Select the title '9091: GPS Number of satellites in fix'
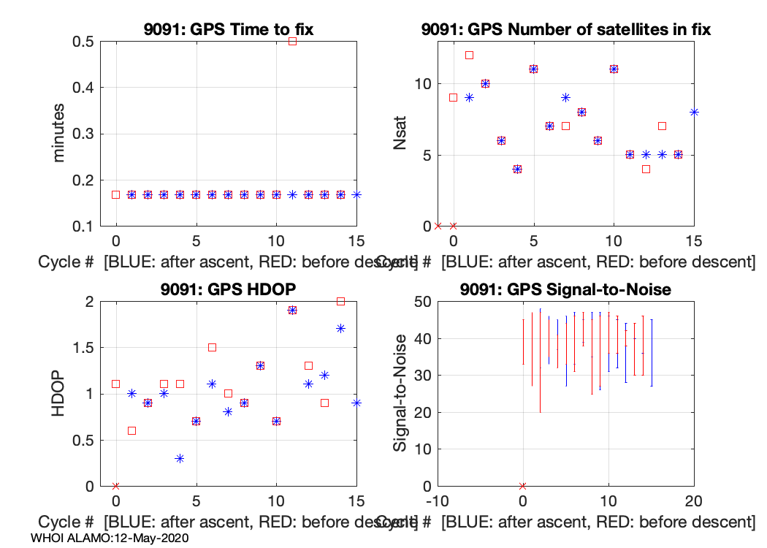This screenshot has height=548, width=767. point(566,30)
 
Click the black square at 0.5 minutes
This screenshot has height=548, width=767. point(292,42)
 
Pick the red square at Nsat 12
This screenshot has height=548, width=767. point(469,55)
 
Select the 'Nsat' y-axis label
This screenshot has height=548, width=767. point(400,134)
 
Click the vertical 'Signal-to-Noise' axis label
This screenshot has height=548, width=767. point(400,393)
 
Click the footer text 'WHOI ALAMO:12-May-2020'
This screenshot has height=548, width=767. point(110,538)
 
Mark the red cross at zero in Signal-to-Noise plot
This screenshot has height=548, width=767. point(522,486)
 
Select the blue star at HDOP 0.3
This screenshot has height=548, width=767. point(180,458)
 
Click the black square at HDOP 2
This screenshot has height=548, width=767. point(340,301)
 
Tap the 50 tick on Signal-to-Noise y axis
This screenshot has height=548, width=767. point(419,301)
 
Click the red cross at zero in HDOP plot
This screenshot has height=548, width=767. point(115,486)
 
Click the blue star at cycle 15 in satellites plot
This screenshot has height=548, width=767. point(694,112)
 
